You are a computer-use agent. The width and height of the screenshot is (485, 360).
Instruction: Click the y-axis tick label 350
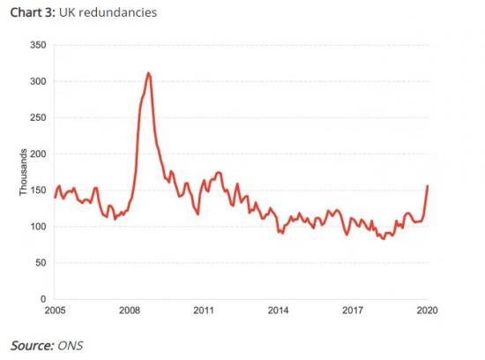click(x=38, y=45)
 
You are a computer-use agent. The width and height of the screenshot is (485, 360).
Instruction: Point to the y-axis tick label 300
click(x=38, y=81)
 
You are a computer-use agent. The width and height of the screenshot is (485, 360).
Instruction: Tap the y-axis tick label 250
click(x=38, y=117)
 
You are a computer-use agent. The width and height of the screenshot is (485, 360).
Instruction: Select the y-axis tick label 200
click(x=38, y=154)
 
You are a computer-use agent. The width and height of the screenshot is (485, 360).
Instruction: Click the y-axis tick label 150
click(x=38, y=191)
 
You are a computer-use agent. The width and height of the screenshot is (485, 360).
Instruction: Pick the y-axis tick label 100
click(x=38, y=227)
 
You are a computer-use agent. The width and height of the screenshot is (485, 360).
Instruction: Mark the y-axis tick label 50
click(x=41, y=263)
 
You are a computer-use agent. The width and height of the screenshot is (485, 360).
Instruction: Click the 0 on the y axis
click(x=43, y=299)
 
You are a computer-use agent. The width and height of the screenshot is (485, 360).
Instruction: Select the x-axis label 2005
click(x=55, y=311)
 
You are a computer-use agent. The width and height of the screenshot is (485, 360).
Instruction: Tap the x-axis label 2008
click(x=130, y=311)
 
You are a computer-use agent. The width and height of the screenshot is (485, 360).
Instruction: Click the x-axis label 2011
click(x=204, y=311)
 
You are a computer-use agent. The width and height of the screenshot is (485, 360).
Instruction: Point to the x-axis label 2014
click(x=279, y=311)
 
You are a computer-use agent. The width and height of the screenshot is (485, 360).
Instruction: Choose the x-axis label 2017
click(x=353, y=311)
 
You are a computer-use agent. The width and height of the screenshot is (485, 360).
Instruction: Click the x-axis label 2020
click(x=427, y=311)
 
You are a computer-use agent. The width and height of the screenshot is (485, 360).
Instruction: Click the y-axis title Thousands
click(x=24, y=172)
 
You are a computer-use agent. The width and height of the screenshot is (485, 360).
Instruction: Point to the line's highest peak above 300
click(x=148, y=73)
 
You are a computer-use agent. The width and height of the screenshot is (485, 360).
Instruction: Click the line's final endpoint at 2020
click(x=428, y=185)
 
